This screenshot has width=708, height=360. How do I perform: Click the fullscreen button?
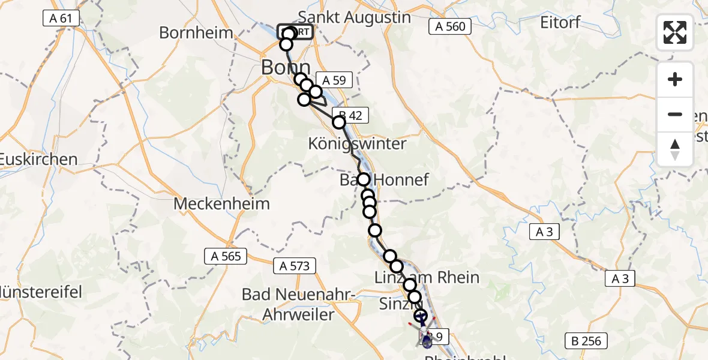tap(675, 32)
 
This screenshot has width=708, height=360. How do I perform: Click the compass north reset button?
tap(675, 149)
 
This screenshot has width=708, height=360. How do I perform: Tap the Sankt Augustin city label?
tap(354, 17)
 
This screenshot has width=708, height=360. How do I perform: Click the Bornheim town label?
tap(196, 32)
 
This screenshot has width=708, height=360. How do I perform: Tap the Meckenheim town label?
tap(221, 203)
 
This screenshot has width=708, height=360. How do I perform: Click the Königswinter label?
tap(357, 144)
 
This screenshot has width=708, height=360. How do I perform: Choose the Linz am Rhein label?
tap(427, 277)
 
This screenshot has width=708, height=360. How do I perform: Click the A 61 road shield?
tap(61, 19)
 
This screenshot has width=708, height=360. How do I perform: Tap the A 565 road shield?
tap(226, 256)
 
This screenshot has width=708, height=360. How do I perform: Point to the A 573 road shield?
tap(294, 265)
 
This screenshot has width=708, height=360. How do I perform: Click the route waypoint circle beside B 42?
tap(339, 122)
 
